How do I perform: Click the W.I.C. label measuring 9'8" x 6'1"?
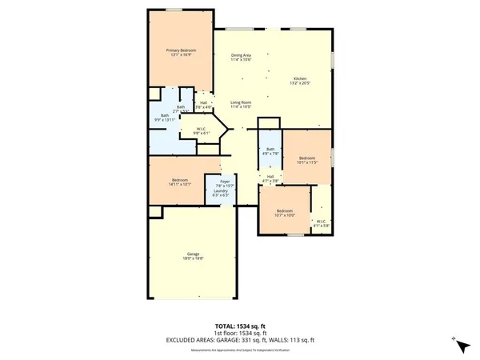[201, 130]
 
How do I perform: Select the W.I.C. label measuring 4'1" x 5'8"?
[320, 223]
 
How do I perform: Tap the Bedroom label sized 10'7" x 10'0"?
[285, 212]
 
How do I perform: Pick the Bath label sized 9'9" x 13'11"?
[165, 118]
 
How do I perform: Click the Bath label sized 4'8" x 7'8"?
[270, 151]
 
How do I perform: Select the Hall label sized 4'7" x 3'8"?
[270, 178]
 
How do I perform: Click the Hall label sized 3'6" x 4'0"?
[204, 104]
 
